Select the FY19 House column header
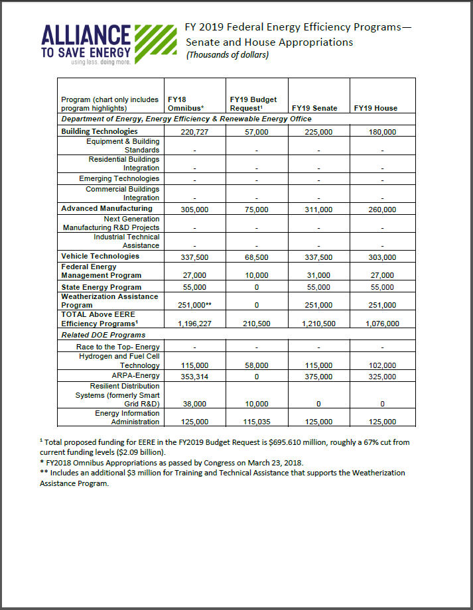pyautogui.click(x=375, y=108)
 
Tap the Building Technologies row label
pyautogui.click(x=100, y=131)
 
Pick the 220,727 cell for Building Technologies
pyautogui.click(x=194, y=132)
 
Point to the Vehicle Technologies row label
pyautogui.click(x=100, y=256)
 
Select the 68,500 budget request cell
pyautogui.click(x=256, y=257)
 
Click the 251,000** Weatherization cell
pyautogui.click(x=194, y=305)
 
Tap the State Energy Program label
pyautogui.click(x=101, y=286)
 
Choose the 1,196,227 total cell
pyautogui.click(x=194, y=324)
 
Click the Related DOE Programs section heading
pyautogui.click(x=103, y=335)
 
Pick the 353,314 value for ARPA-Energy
pyautogui.click(x=194, y=377)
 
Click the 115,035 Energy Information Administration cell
pyautogui.click(x=256, y=422)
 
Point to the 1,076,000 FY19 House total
pyautogui.click(x=382, y=324)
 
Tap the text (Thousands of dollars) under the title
pyautogui.click(x=228, y=55)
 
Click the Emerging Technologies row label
pyautogui.click(x=119, y=178)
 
